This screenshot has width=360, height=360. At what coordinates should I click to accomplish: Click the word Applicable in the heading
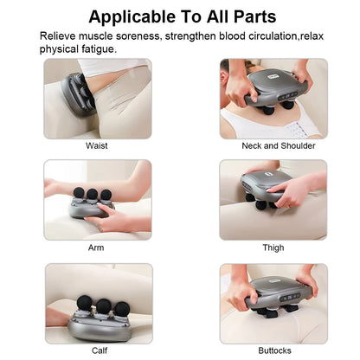point(131,16)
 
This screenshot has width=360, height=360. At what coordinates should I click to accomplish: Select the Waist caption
point(97,146)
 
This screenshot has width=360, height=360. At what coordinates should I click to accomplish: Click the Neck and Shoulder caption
point(273,146)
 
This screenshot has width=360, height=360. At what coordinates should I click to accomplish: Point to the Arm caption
point(97,247)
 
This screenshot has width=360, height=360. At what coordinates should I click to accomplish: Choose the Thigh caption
point(273,247)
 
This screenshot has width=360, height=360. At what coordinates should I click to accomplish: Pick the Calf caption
point(99,350)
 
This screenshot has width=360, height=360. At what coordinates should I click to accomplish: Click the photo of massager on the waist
point(97,98)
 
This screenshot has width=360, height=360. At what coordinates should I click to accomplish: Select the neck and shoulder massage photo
point(273,98)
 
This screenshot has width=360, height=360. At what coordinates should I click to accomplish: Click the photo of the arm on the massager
point(97,199)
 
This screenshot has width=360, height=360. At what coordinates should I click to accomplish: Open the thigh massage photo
point(273,199)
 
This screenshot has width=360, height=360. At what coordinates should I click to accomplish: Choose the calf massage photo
point(98,301)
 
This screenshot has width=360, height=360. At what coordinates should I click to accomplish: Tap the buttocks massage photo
point(273,301)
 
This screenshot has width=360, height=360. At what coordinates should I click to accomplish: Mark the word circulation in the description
point(263,36)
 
